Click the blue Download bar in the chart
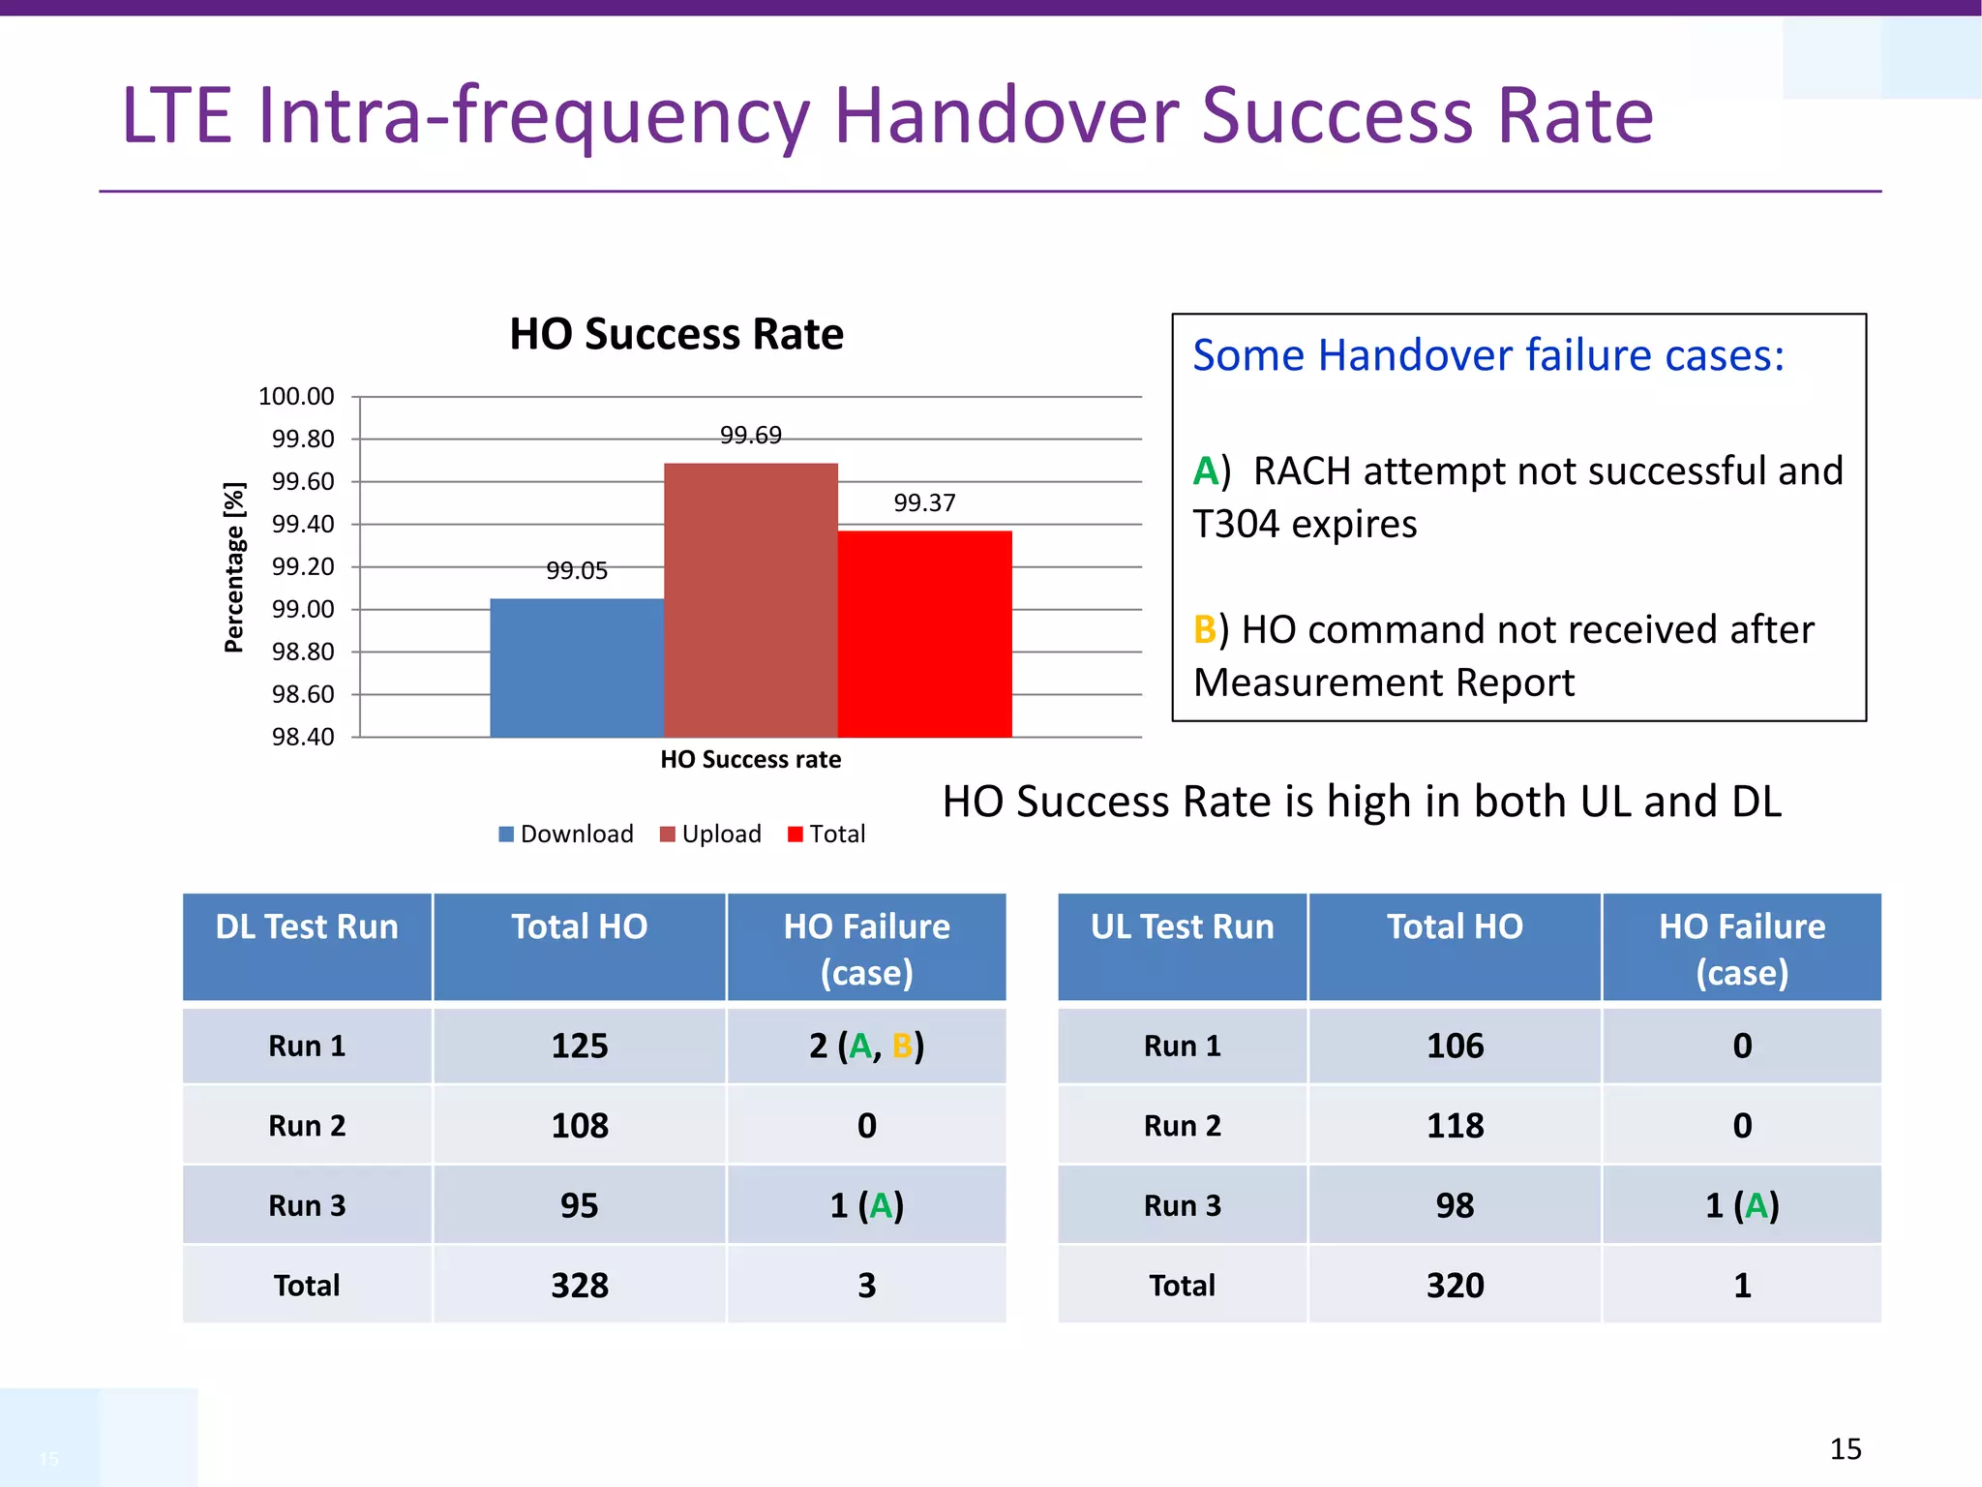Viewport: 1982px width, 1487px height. pyautogui.click(x=577, y=668)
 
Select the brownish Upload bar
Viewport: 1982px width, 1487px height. pyautogui.click(x=751, y=600)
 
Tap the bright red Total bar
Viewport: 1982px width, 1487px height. pyautogui.click(x=925, y=634)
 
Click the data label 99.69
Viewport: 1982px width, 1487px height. pyautogui.click(x=751, y=436)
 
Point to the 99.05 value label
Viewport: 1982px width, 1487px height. pyautogui.click(x=577, y=571)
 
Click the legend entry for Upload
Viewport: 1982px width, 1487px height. pyautogui.click(x=711, y=835)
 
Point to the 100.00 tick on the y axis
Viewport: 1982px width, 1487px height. pyautogui.click(x=296, y=397)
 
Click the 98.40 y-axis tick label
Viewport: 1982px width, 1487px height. pyautogui.click(x=303, y=738)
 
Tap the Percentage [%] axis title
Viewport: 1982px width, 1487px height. pyautogui.click(x=234, y=567)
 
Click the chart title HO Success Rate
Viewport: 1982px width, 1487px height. pyautogui.click(x=676, y=335)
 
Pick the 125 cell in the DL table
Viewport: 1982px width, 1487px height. pyautogui.click(x=580, y=1047)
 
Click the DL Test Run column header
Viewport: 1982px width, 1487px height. pyautogui.click(x=307, y=927)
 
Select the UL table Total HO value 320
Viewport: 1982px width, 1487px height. pyautogui.click(x=1455, y=1286)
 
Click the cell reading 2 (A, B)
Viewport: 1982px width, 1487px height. pyautogui.click(x=867, y=1047)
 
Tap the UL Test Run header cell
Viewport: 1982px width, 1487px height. pyautogui.click(x=1182, y=927)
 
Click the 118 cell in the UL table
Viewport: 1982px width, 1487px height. pyautogui.click(x=1455, y=1126)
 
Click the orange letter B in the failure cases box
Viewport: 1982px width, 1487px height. pyautogui.click(x=1205, y=630)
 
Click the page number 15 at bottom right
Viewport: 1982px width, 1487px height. pyautogui.click(x=1846, y=1449)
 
